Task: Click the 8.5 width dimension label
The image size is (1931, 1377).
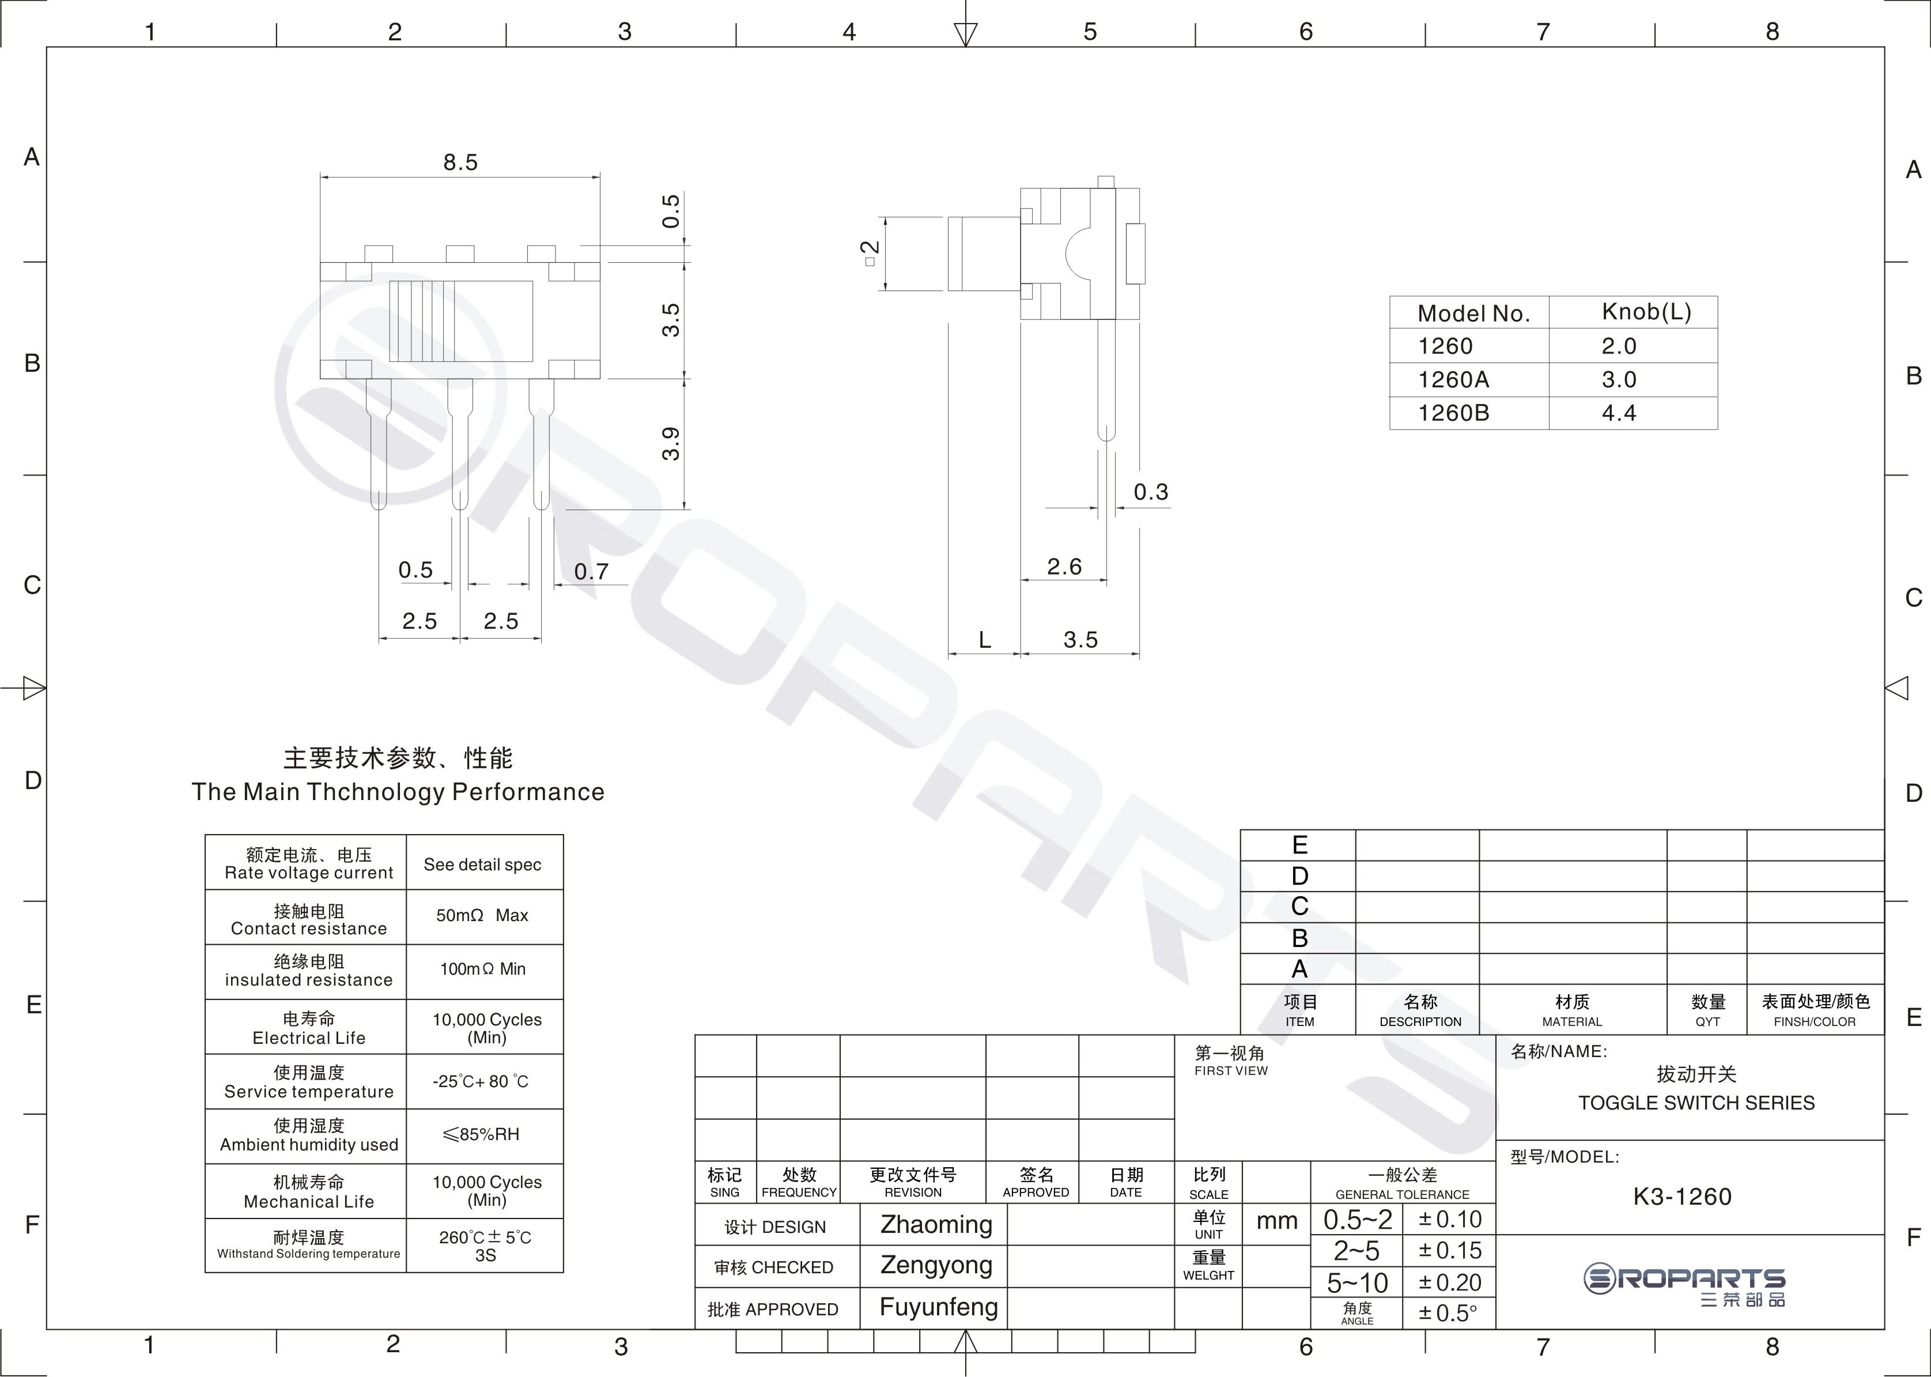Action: (x=460, y=162)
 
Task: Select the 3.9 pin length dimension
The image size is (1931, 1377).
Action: (x=671, y=443)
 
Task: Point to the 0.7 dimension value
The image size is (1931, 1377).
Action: (x=591, y=571)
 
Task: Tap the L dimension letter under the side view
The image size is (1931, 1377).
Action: (x=984, y=639)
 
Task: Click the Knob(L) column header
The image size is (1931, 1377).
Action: (x=1646, y=312)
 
